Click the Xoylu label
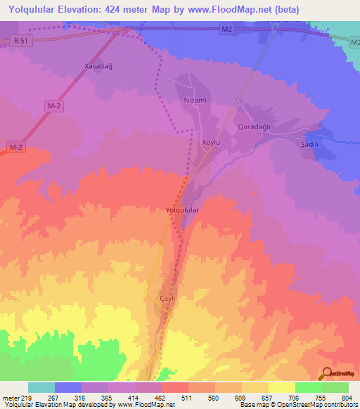click(x=212, y=142)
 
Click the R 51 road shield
click(x=20, y=41)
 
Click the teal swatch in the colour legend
click(x=41, y=387)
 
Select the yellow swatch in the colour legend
click(x=281, y=387)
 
